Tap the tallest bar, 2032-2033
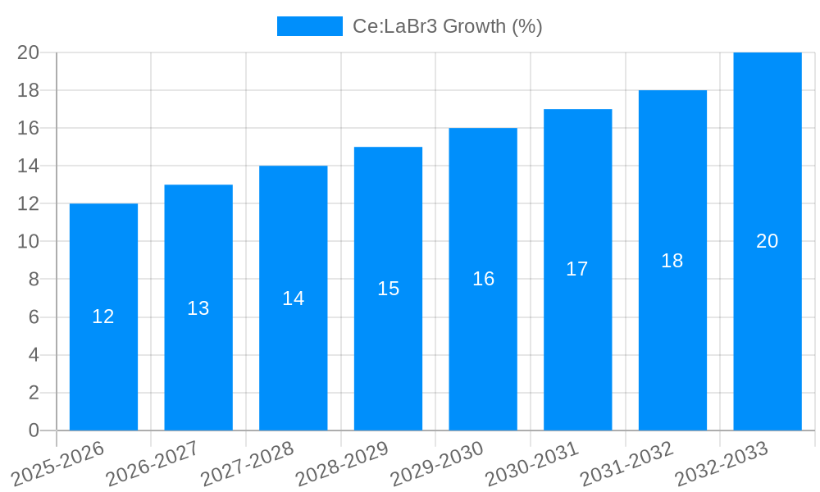[767, 328]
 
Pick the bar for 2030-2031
[577, 344]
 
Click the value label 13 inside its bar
[198, 308]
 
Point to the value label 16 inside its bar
[483, 279]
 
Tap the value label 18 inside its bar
[672, 261]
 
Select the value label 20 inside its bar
[767, 241]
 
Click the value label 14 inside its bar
[293, 298]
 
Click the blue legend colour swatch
[309, 26]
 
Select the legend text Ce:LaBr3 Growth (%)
[447, 26]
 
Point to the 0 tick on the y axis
[34, 430]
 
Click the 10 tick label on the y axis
[29, 242]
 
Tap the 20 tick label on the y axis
[29, 52]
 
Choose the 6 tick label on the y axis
[34, 317]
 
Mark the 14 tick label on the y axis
[29, 166]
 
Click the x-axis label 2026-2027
[153, 463]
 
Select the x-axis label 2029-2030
[436, 463]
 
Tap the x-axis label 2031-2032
[626, 463]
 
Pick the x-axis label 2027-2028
[247, 463]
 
